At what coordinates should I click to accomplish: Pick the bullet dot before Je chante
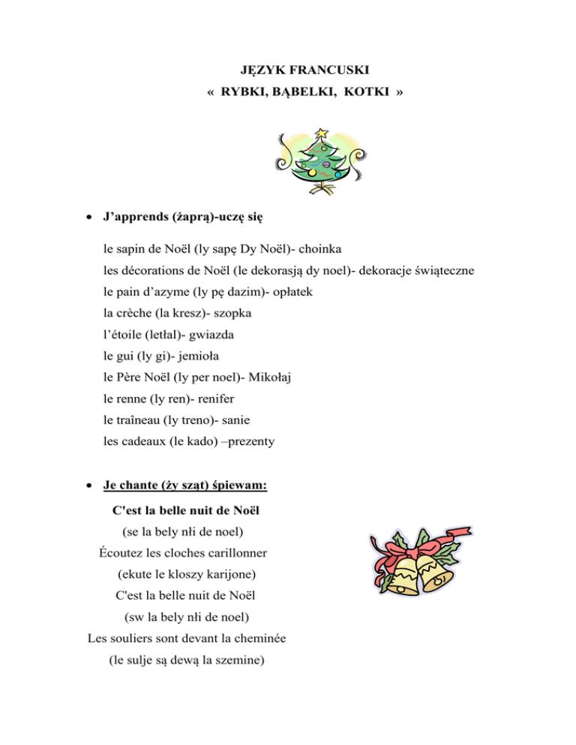coord(90,486)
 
